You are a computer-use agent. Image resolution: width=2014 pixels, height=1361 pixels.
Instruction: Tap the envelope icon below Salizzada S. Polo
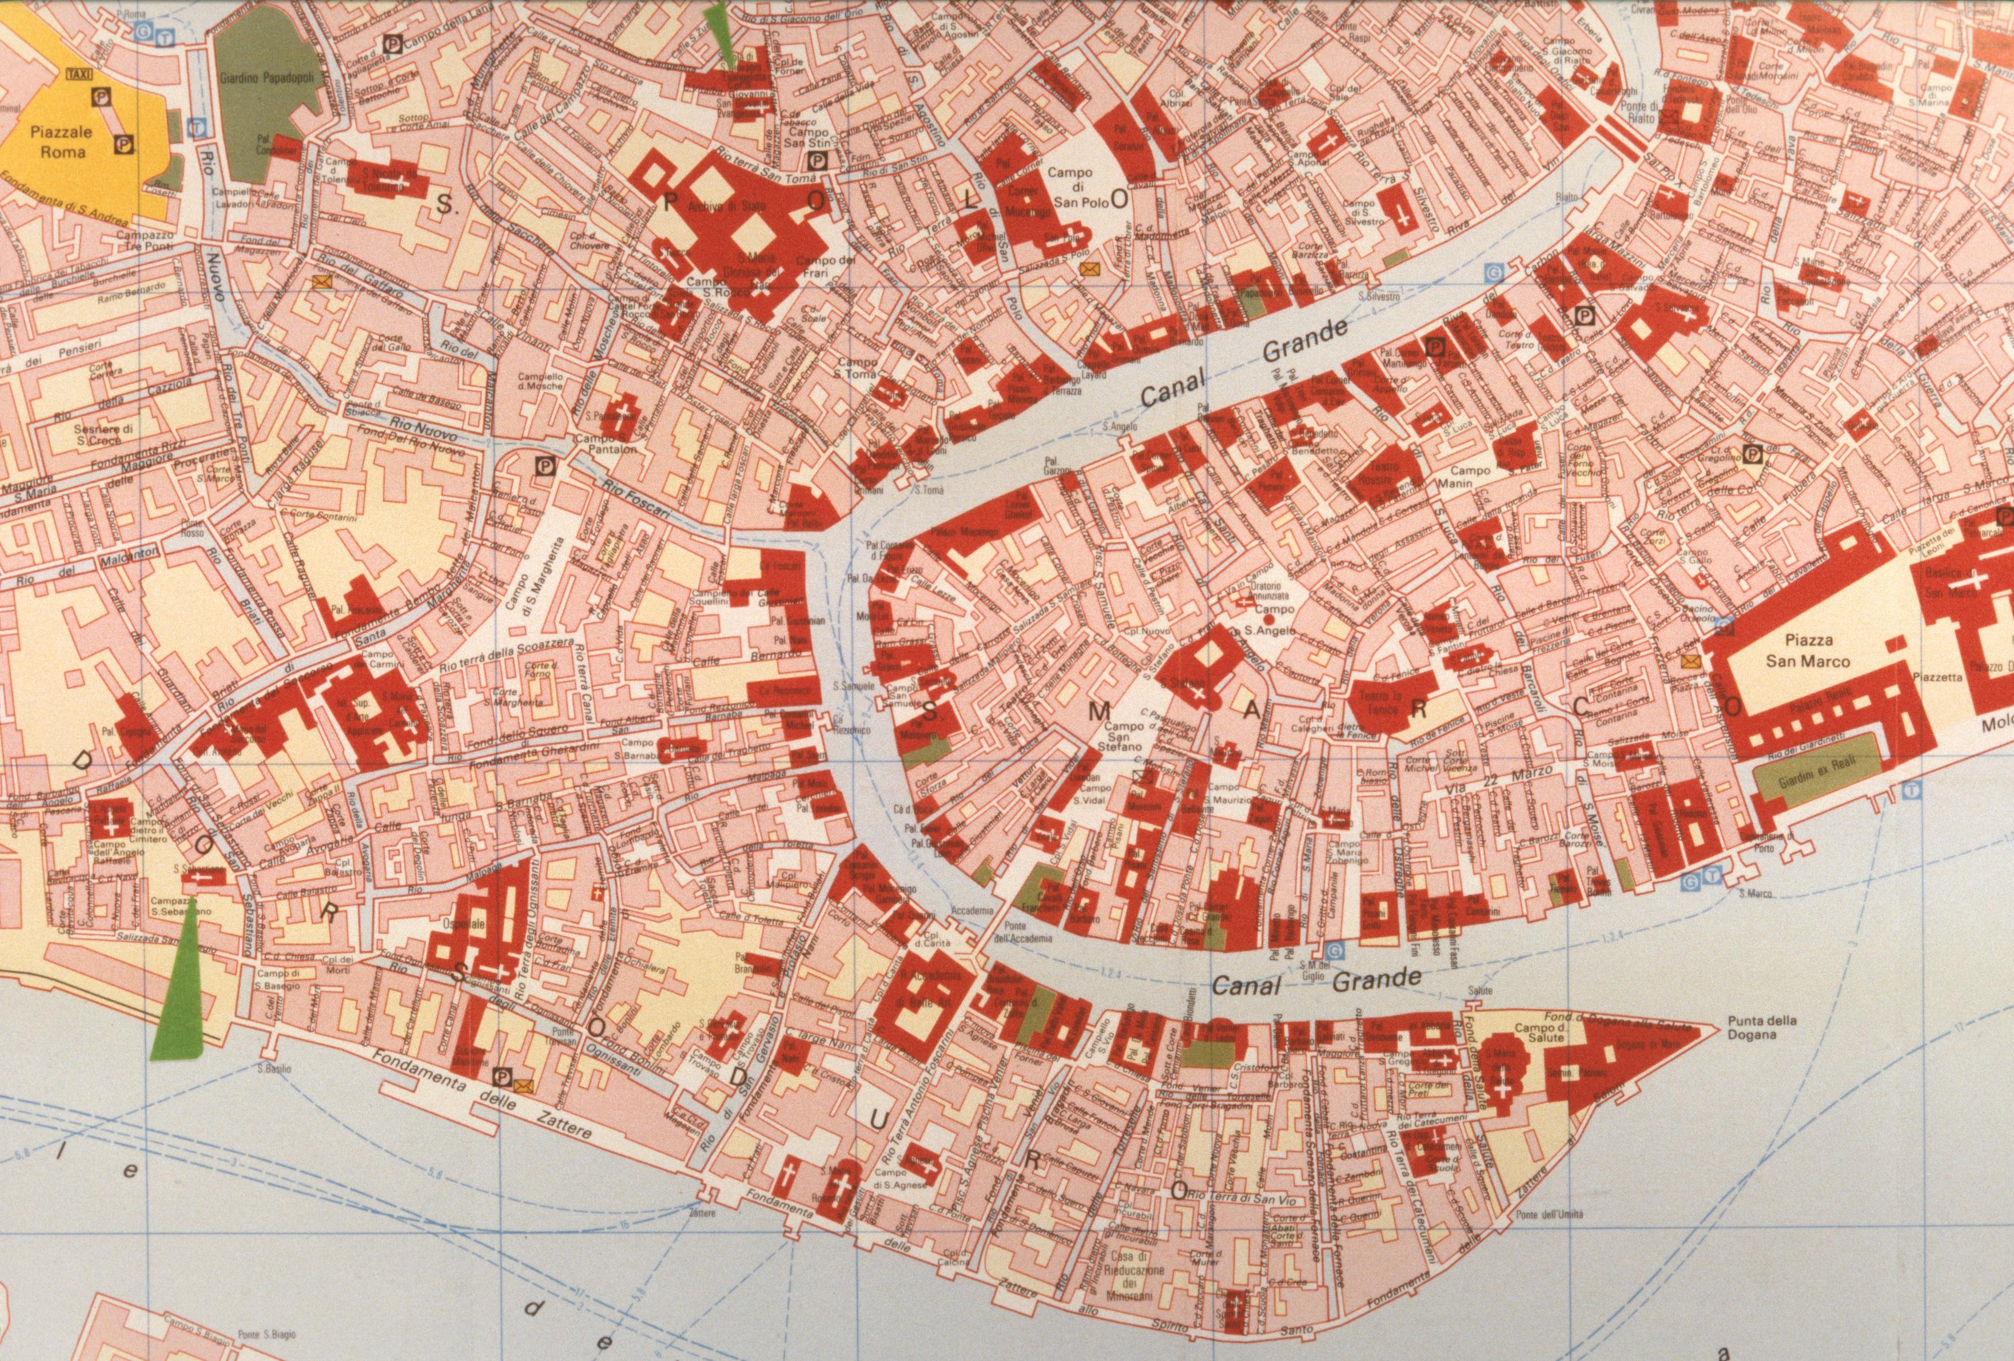pyautogui.click(x=1088, y=269)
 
